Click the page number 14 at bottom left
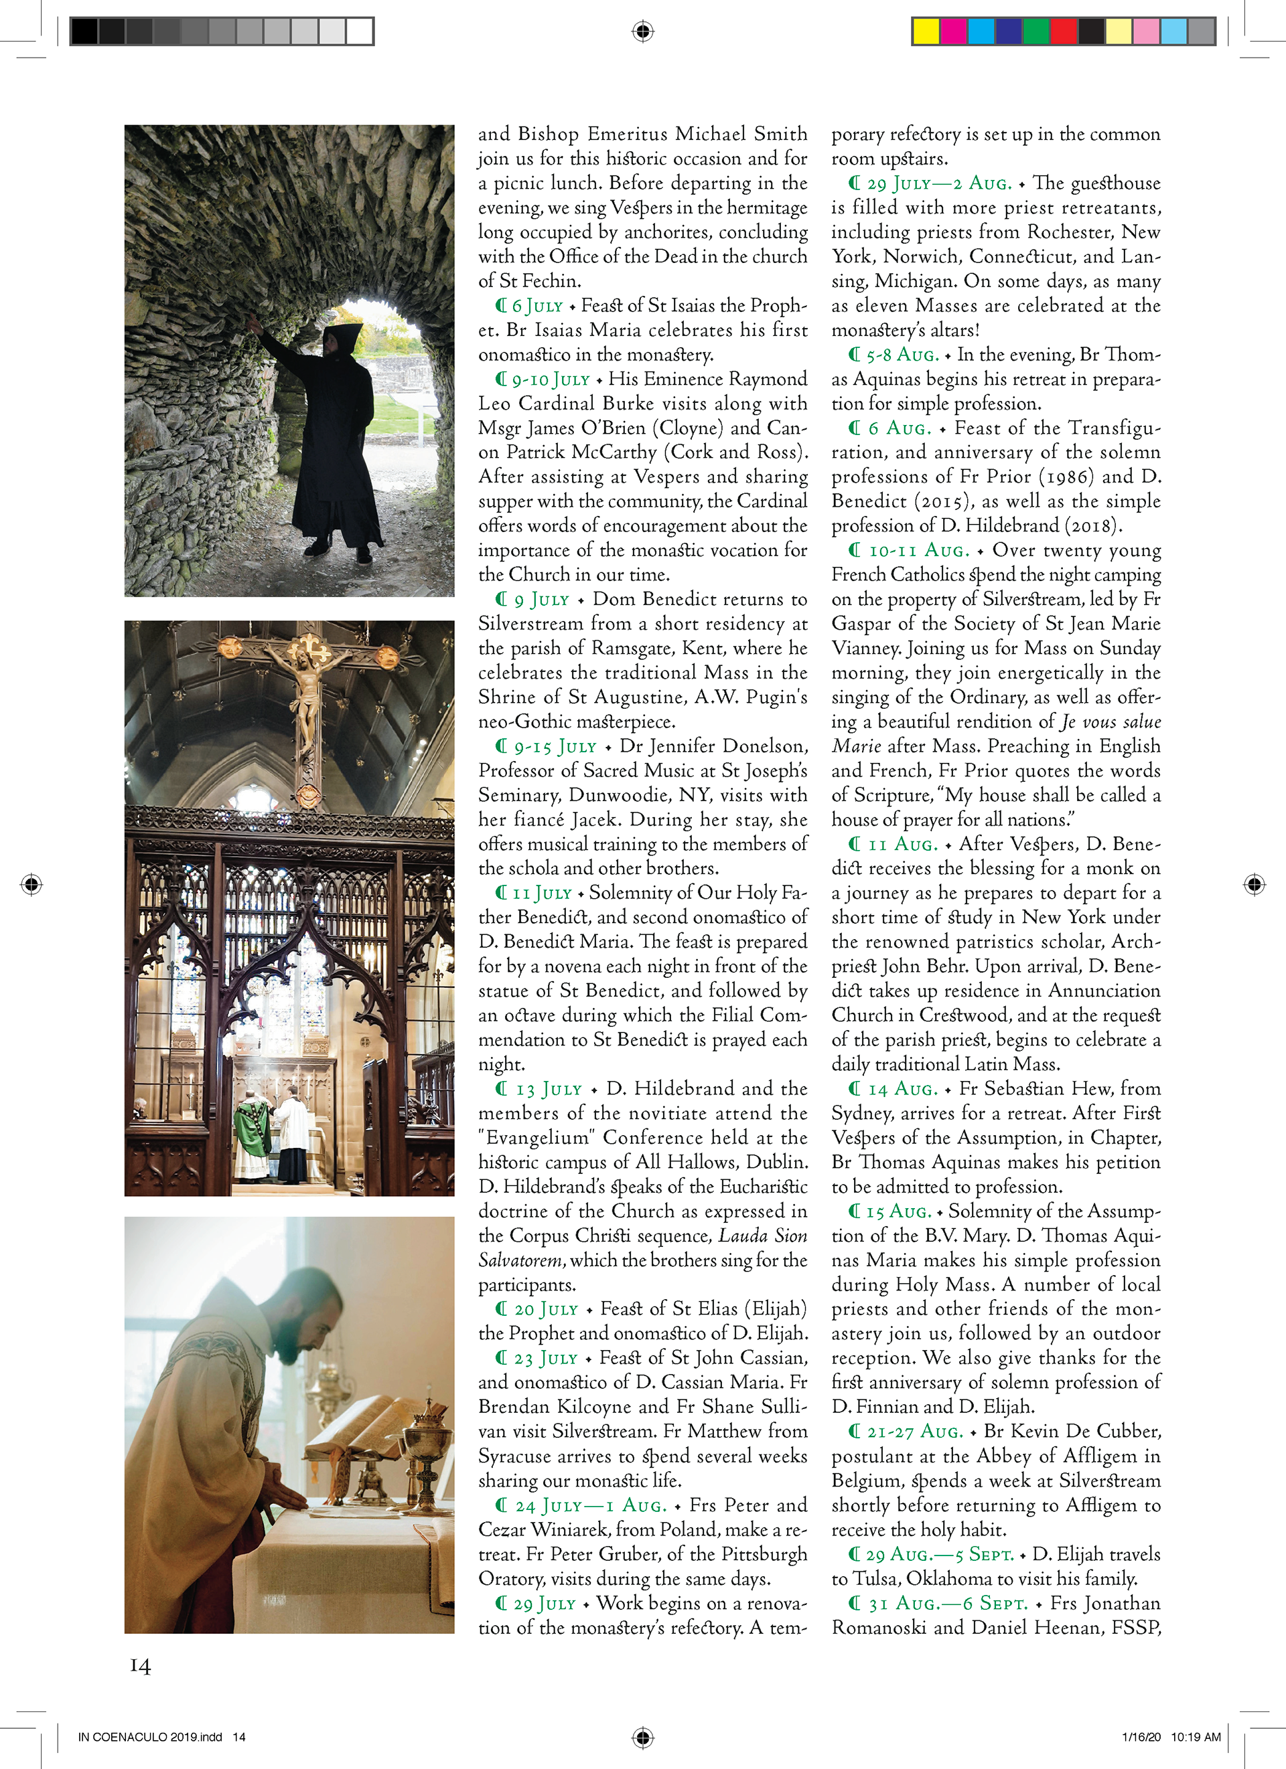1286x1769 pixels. coord(141,1665)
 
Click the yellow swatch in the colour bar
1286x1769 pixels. coord(926,31)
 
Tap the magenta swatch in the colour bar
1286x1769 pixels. coord(954,31)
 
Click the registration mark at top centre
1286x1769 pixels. coord(642,31)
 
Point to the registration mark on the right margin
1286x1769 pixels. coord(1254,883)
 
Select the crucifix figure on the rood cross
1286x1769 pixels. coord(309,687)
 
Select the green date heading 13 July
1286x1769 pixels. coord(549,1089)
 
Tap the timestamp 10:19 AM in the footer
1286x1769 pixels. coord(1196,1737)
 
